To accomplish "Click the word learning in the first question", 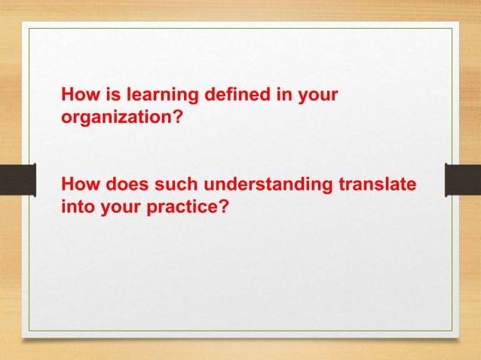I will (161, 96).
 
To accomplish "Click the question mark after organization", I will (178, 117).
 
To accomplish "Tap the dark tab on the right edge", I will (463, 180).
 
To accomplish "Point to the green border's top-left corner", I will (29, 29).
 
